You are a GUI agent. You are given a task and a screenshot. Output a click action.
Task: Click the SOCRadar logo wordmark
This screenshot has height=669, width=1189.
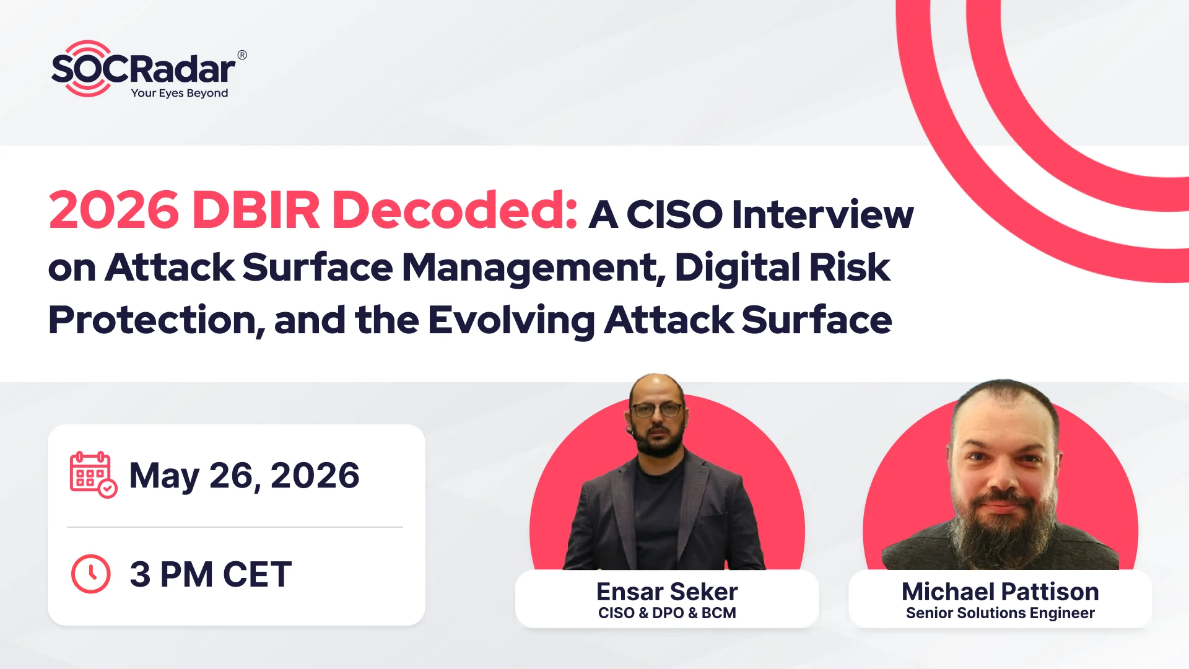click(x=144, y=69)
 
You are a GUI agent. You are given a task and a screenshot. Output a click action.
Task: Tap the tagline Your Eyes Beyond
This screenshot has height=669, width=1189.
click(x=180, y=93)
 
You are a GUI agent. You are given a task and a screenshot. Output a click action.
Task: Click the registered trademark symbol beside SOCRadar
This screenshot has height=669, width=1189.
click(x=242, y=55)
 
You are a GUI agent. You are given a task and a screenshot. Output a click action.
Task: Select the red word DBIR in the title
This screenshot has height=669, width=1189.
click(x=256, y=210)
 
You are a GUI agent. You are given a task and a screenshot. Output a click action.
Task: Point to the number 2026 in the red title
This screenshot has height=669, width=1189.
click(x=114, y=210)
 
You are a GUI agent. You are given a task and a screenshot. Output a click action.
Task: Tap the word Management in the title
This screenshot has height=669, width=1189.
click(x=534, y=268)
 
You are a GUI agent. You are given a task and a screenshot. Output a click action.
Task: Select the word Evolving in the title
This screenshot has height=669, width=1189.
click(x=511, y=321)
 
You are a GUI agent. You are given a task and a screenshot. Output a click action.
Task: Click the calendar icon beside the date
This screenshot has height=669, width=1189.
click(x=93, y=474)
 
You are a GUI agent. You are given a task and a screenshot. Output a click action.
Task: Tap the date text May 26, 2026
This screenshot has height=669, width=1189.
click(x=244, y=476)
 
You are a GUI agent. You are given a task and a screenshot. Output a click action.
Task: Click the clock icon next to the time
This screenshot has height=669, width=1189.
click(x=91, y=574)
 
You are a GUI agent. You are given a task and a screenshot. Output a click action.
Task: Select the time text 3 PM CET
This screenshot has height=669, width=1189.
click(x=211, y=574)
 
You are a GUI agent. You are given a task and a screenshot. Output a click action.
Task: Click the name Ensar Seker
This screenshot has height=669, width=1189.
click(x=667, y=592)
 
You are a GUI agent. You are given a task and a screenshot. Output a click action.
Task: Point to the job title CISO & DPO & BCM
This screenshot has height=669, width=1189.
click(x=667, y=613)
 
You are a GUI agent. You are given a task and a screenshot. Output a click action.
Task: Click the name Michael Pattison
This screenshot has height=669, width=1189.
click(x=1000, y=592)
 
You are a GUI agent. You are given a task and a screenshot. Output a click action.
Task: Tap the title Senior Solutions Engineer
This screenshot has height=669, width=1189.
click(x=1000, y=613)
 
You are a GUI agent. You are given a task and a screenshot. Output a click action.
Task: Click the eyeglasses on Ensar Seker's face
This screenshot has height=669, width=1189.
click(x=658, y=410)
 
